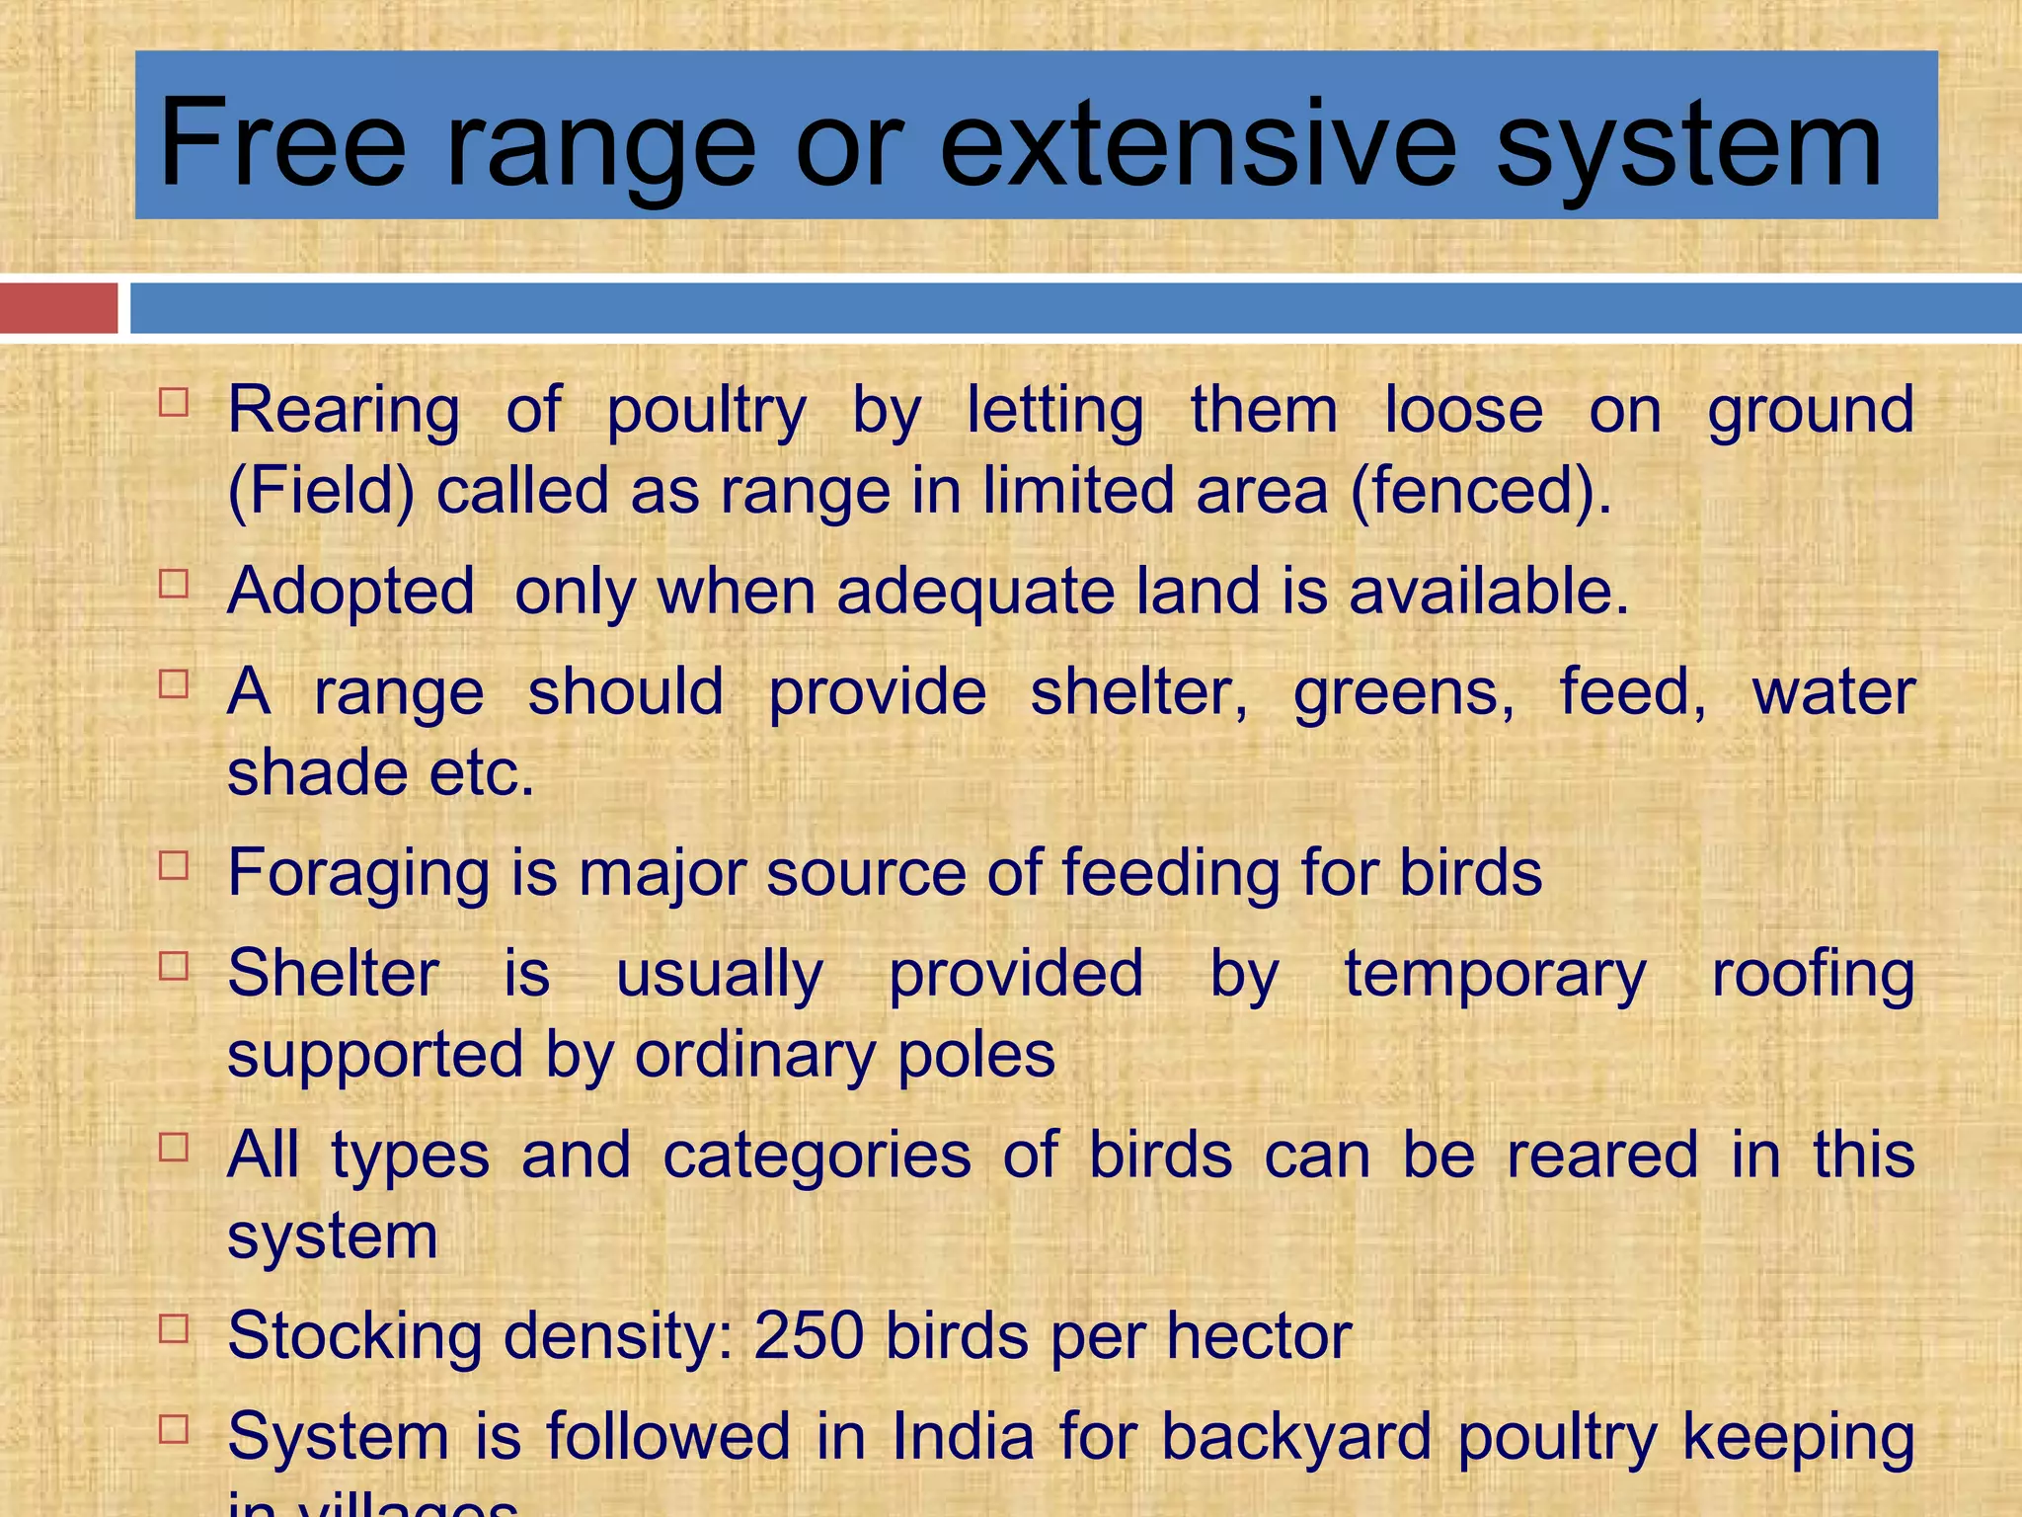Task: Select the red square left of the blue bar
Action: tap(58, 308)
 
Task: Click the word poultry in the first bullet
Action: tap(706, 411)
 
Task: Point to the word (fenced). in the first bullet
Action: tap(1480, 491)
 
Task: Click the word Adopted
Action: tap(351, 592)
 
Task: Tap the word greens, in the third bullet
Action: tap(1404, 693)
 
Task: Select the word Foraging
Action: tap(358, 875)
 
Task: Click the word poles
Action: tap(975, 1056)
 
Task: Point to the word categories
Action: tap(817, 1157)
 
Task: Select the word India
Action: tap(963, 1436)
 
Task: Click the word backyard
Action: tap(1295, 1438)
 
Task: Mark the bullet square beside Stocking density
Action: tap(174, 1328)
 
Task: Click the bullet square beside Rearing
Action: tap(174, 402)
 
